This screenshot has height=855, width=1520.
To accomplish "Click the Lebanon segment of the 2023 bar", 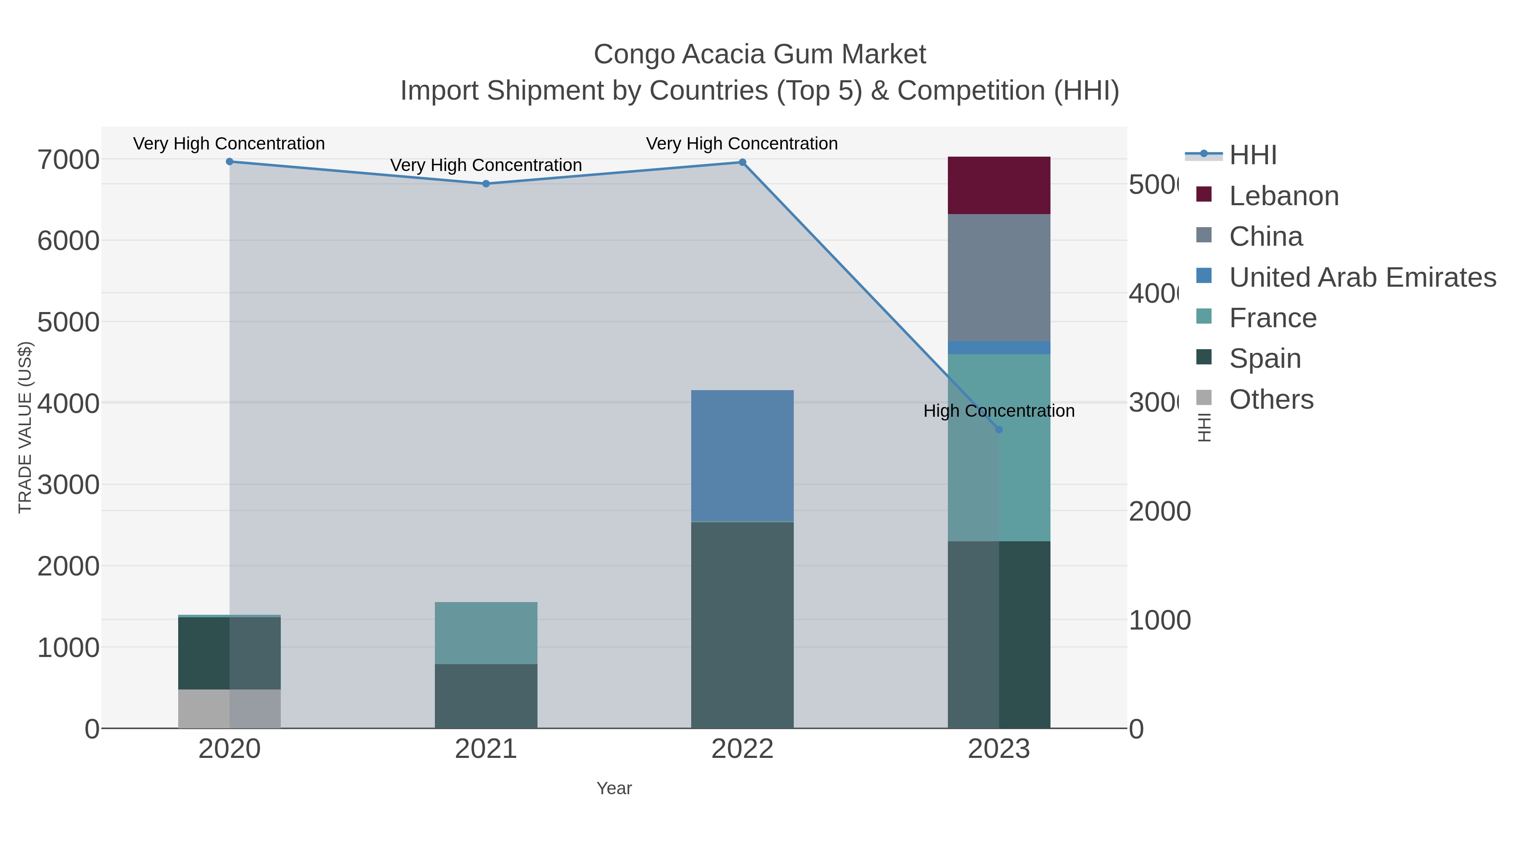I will point(999,185).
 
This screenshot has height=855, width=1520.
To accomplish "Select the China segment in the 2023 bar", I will point(999,277).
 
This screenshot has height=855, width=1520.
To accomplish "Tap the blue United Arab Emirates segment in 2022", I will point(742,456).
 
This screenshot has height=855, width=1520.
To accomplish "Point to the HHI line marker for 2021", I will point(486,184).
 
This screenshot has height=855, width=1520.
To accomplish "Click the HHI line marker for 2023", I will point(999,429).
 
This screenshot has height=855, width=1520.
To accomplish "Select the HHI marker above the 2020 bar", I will point(230,161).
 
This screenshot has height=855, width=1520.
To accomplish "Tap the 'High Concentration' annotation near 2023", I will point(999,411).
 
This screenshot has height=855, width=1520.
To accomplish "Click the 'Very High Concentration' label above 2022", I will point(742,144).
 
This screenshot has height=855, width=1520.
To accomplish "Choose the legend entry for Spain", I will point(1265,358).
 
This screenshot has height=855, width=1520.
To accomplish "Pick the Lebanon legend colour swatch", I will point(1204,194).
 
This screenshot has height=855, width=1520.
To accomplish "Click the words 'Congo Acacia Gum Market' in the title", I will point(760,54).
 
